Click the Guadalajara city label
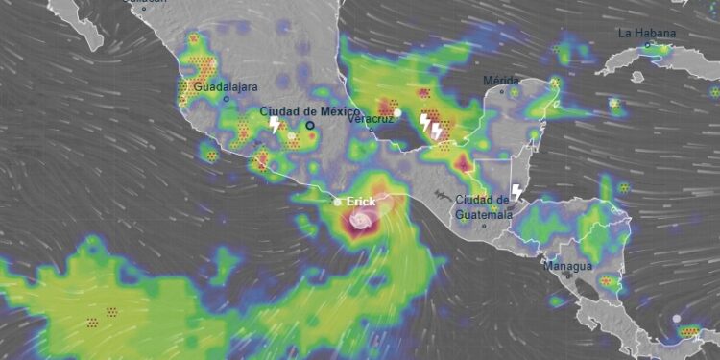pos(226,87)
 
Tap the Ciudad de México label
pos(309,111)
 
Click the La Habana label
pos(647,33)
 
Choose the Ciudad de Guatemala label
pos(483,205)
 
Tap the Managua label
pos(567,265)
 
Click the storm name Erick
pos(361,202)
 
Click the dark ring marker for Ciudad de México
pos(310,125)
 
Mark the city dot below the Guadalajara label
pos(227,98)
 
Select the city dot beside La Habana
pos(647,44)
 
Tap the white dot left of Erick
pos(337,203)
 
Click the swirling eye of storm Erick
pos(360,223)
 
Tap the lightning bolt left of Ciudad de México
pos(274,125)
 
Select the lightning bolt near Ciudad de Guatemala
pos(516,193)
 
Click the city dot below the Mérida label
pos(502,92)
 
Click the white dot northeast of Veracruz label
pos(397,112)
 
